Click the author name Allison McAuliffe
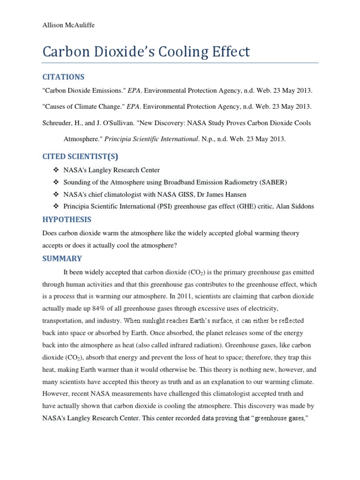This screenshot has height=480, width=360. (x=68, y=25)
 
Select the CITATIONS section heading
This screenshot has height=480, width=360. (x=63, y=76)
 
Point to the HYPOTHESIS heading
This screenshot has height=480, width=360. (x=67, y=219)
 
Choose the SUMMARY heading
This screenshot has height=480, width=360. (x=62, y=258)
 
